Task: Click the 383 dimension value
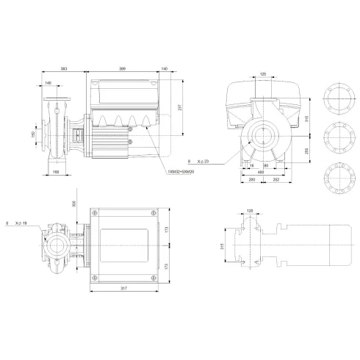coord(64,68)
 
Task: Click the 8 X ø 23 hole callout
coord(198,160)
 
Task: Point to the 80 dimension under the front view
coord(267,166)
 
